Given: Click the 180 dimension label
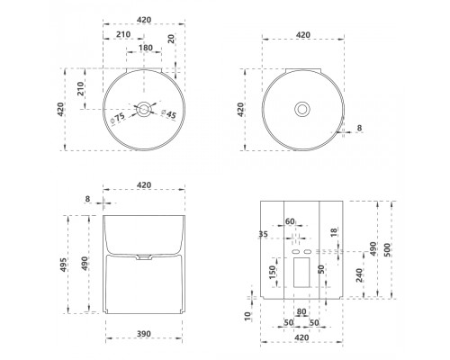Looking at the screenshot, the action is [x=146, y=48].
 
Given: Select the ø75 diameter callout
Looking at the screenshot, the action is [x=117, y=118].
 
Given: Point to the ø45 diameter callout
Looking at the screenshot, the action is [x=168, y=114].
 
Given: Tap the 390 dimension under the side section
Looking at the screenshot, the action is [x=144, y=334].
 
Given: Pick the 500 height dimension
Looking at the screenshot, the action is [x=387, y=249].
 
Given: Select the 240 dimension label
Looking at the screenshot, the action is [x=359, y=275].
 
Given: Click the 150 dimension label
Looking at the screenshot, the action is [x=273, y=272].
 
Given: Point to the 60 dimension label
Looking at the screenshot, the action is [x=290, y=221].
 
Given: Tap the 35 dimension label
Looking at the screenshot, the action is [x=263, y=234].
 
